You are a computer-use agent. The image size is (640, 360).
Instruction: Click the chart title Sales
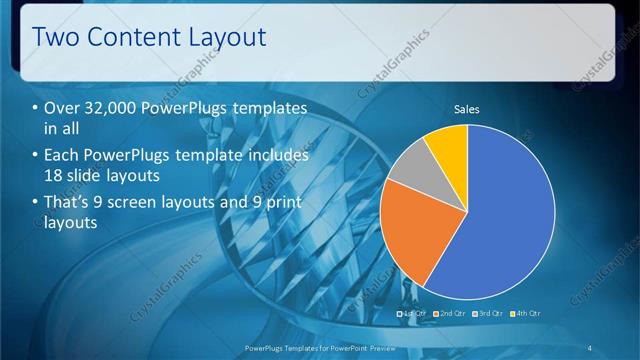click(467, 108)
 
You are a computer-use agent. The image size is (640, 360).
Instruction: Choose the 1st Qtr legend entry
click(412, 314)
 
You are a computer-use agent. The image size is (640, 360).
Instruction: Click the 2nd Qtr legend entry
click(449, 314)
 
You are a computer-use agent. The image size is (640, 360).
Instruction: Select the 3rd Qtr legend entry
click(487, 314)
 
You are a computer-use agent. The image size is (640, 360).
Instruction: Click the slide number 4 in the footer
click(590, 348)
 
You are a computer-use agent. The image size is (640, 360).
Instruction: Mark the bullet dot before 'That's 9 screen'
click(36, 203)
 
